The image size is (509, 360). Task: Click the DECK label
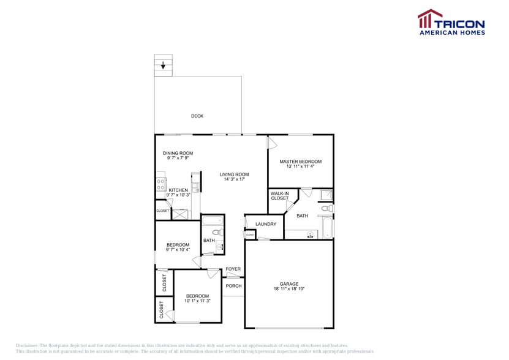(x=197, y=116)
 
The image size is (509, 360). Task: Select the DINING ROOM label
(x=178, y=152)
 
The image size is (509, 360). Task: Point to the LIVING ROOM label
(x=234, y=174)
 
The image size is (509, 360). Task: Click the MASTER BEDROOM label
(x=300, y=162)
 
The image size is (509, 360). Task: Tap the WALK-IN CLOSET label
(x=279, y=196)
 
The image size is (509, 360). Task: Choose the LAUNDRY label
(x=266, y=224)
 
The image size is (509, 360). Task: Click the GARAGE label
(x=289, y=283)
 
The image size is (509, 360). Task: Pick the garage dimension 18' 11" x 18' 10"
(x=289, y=289)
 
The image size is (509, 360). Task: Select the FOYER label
(x=233, y=269)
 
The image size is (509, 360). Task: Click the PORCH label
(x=233, y=286)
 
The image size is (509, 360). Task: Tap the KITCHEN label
(x=178, y=190)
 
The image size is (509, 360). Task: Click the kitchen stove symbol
(x=160, y=183)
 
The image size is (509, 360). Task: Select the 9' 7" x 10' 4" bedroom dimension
(x=178, y=250)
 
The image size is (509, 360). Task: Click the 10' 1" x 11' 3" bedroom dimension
(x=197, y=301)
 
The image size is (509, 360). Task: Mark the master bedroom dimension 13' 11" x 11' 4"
(x=300, y=167)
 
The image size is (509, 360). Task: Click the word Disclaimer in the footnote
(x=27, y=346)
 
